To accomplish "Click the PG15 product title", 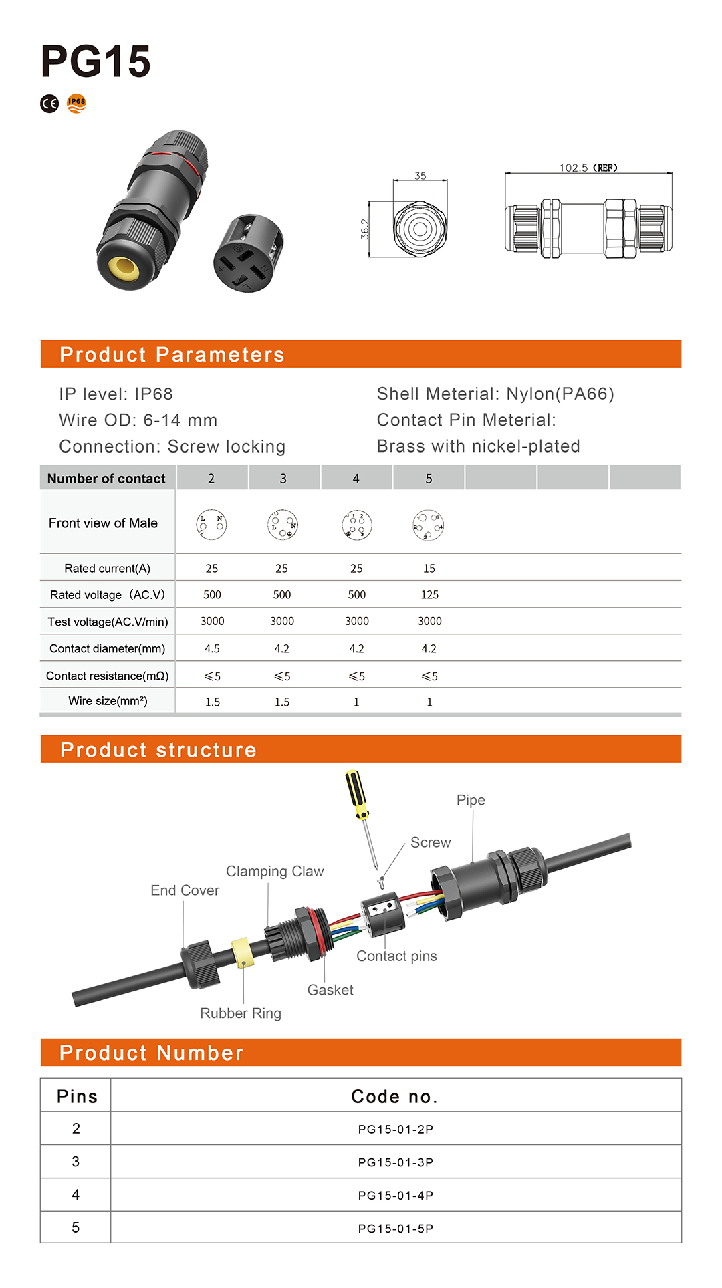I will coord(96,61).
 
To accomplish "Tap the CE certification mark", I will coord(49,104).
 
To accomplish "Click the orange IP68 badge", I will coord(77,103).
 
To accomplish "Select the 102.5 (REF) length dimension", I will coord(588,168).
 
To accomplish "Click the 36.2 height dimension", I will coord(365,229).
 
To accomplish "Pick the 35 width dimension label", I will coord(420,176).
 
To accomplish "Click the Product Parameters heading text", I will coord(172,354).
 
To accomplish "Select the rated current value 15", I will coord(429,568).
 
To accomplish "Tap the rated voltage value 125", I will coord(429,594).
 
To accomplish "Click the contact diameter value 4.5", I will coord(212,648).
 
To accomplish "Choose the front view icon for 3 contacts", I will coord(282,525).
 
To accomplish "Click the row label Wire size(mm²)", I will coord(108,701).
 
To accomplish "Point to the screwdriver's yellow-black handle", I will coord(356,793).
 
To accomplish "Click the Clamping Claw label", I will coord(275,871).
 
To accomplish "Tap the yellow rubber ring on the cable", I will coord(242,953).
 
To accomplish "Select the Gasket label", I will coord(330,990).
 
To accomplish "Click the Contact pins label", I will coord(396,956).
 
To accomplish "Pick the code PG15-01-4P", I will coord(396,1195).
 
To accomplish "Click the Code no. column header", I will coord(394,1096).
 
